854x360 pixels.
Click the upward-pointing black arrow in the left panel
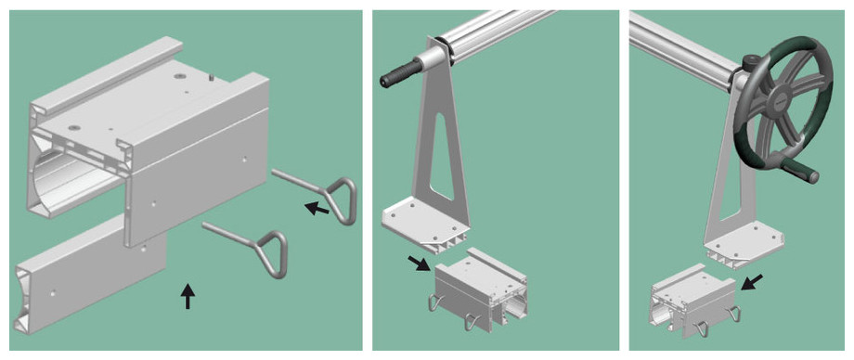point(188,295)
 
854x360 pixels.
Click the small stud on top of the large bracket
point(211,80)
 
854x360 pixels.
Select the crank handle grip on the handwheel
point(799,170)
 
